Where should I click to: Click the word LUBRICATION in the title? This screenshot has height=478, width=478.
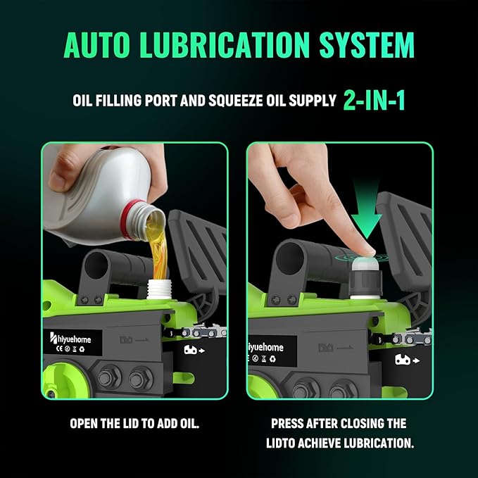225,45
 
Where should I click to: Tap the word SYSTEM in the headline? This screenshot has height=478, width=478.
367,45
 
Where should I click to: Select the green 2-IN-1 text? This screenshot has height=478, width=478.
375,100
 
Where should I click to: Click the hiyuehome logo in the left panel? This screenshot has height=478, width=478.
70,339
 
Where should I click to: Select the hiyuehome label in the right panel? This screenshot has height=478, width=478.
266,348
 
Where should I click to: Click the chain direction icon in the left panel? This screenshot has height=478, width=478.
194,350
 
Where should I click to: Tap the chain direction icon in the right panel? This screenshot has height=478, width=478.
408,360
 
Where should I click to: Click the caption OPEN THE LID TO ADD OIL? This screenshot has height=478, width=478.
134,423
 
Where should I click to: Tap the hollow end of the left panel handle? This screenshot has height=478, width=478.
96,265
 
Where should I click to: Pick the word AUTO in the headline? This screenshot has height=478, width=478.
97,45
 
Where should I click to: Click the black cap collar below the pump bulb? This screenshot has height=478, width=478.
365,283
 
